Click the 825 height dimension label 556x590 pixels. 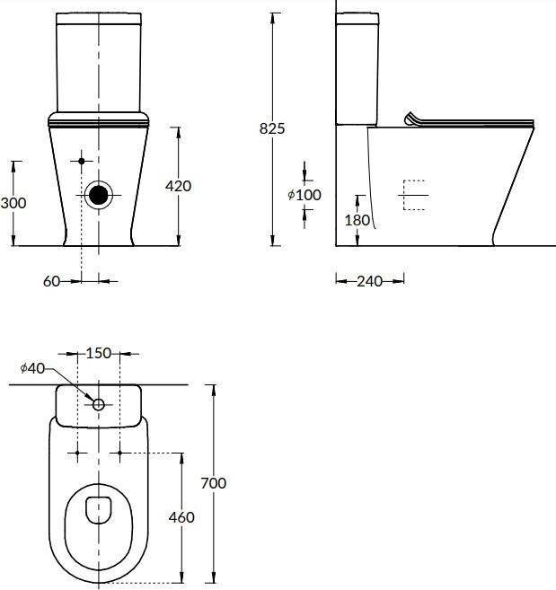point(272,128)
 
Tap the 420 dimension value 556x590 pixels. point(178,186)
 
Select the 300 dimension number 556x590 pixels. point(13,203)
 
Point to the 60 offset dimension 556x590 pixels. point(51,281)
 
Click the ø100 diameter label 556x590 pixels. point(304,195)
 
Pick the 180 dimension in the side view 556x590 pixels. point(357,220)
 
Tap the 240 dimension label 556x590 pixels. point(370,281)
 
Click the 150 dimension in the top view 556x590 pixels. point(99,353)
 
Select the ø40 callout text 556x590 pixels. point(32,368)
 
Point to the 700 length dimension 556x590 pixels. point(214,483)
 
